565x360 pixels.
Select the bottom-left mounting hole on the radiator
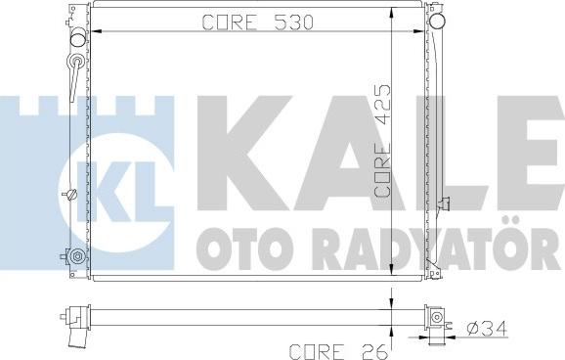point(76,257)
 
